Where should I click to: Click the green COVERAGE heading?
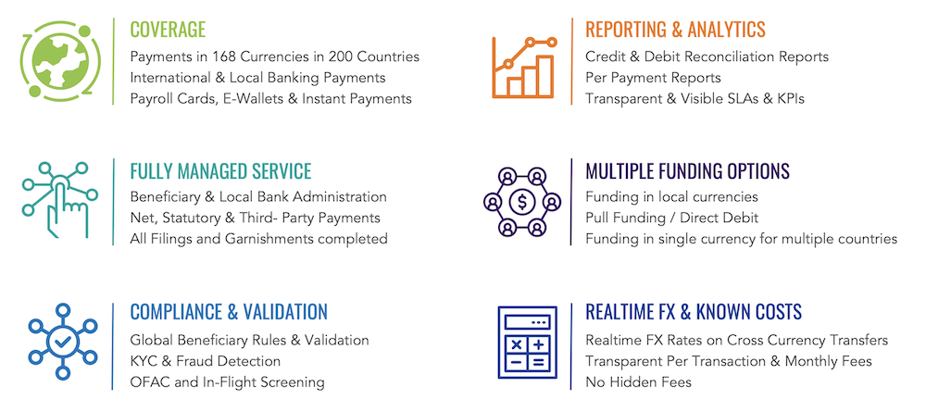pyautogui.click(x=168, y=29)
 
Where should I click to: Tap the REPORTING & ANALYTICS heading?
pyautogui.click(x=675, y=29)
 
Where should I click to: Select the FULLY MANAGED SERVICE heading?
pyautogui.click(x=220, y=171)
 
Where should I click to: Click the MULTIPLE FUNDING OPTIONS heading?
pyautogui.click(x=687, y=171)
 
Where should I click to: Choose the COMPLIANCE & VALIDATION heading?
pyautogui.click(x=229, y=312)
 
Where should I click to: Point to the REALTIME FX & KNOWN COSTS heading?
pyautogui.click(x=694, y=312)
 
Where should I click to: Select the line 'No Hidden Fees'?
pyautogui.click(x=638, y=381)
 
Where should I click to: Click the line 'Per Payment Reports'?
pyautogui.click(x=653, y=78)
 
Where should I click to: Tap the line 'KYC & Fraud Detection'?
pyautogui.click(x=205, y=361)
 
